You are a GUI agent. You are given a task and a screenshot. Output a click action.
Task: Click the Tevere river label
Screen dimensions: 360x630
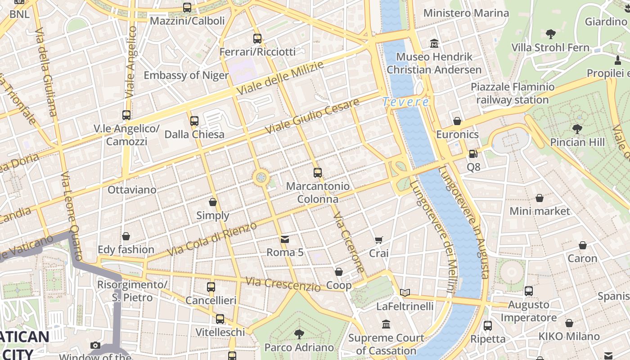[406, 102]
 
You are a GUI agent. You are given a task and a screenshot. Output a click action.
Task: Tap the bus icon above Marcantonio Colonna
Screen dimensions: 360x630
[318, 173]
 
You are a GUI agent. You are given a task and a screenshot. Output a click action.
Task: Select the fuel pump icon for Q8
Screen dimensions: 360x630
[473, 154]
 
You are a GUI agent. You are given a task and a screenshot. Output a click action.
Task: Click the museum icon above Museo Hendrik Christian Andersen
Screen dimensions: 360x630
[434, 44]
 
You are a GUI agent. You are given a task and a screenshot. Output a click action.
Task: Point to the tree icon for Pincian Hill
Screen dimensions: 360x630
[577, 129]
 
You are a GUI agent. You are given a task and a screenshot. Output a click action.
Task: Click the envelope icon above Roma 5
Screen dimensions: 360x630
[285, 239]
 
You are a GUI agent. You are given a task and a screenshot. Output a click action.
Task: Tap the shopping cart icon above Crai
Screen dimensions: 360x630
[379, 240]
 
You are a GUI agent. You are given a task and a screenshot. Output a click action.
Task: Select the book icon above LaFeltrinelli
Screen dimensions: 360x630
[405, 293]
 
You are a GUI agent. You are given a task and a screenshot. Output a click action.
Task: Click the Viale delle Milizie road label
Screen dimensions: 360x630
[279, 78]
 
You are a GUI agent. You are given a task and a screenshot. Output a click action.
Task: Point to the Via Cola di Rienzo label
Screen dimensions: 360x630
[212, 239]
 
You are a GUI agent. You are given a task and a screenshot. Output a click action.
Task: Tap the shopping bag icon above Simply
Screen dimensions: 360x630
[213, 202]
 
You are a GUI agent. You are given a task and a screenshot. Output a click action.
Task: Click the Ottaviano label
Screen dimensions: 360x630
[132, 190]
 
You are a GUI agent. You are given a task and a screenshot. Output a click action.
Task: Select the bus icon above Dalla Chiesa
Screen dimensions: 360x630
[194, 121]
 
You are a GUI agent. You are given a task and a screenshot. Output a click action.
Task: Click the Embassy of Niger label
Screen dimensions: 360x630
[186, 75]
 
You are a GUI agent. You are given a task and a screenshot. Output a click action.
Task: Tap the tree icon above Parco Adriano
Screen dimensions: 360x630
[299, 334]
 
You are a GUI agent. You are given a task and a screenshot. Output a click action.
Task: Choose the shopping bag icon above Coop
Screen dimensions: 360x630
[339, 272]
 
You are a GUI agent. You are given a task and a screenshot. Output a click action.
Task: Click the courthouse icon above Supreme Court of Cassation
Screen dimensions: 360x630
[386, 324]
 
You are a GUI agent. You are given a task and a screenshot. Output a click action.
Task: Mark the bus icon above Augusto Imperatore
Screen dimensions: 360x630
[529, 291]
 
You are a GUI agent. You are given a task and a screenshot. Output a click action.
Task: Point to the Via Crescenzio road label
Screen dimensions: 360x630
[283, 284]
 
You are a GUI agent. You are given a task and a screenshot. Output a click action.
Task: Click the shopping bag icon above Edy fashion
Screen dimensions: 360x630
[126, 236]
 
